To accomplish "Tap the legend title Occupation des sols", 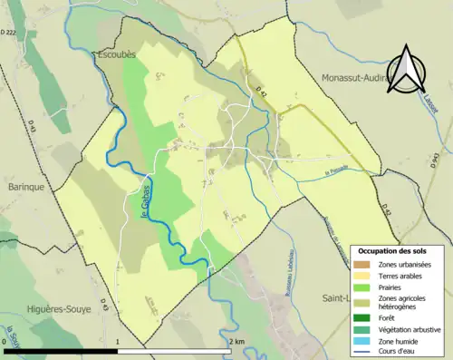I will coord(394,250).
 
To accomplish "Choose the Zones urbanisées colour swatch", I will coord(362,263).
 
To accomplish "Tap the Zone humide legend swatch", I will coord(362,342).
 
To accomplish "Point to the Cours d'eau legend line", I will coord(362,354).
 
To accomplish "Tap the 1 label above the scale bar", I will coord(118,342).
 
